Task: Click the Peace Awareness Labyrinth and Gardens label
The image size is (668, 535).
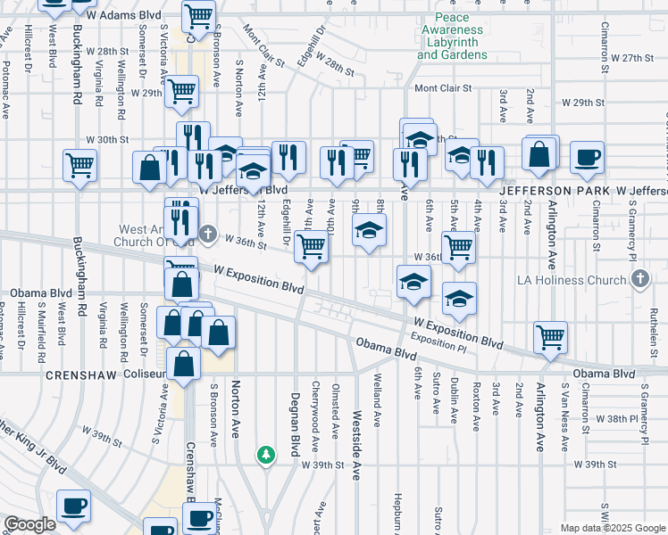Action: pyautogui.click(x=452, y=37)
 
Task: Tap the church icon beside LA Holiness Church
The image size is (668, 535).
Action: pyautogui.click(x=639, y=280)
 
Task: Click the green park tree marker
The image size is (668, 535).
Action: pyautogui.click(x=265, y=455)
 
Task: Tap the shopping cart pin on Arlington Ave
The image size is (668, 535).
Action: pyautogui.click(x=551, y=337)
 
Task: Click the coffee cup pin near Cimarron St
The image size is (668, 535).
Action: pyautogui.click(x=587, y=157)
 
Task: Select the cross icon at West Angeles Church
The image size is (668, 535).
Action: pyautogui.click(x=207, y=234)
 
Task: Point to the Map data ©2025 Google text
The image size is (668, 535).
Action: pyautogui.click(x=611, y=527)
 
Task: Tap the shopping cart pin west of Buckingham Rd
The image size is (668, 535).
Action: pyautogui.click(x=80, y=165)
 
